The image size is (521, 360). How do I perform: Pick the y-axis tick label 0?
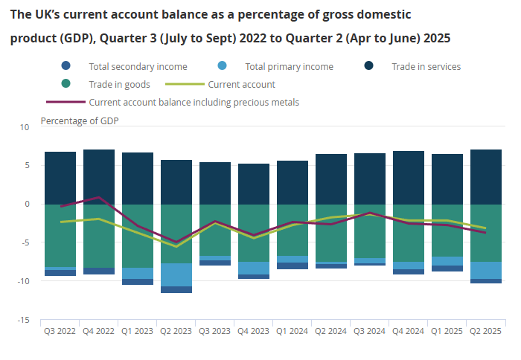coord(26,205)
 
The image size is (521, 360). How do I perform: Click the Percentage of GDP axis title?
coord(79,120)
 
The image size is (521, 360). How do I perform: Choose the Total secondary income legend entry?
coord(138,66)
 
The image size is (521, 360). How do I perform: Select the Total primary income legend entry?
coord(289,66)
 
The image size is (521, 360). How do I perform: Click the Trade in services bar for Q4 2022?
coord(99,177)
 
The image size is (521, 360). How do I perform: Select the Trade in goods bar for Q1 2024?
coord(293,231)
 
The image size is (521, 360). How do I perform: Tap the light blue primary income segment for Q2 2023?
coord(176,274)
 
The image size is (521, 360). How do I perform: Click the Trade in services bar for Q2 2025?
coord(486,177)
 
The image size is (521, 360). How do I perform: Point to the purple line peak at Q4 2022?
coord(99,197)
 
